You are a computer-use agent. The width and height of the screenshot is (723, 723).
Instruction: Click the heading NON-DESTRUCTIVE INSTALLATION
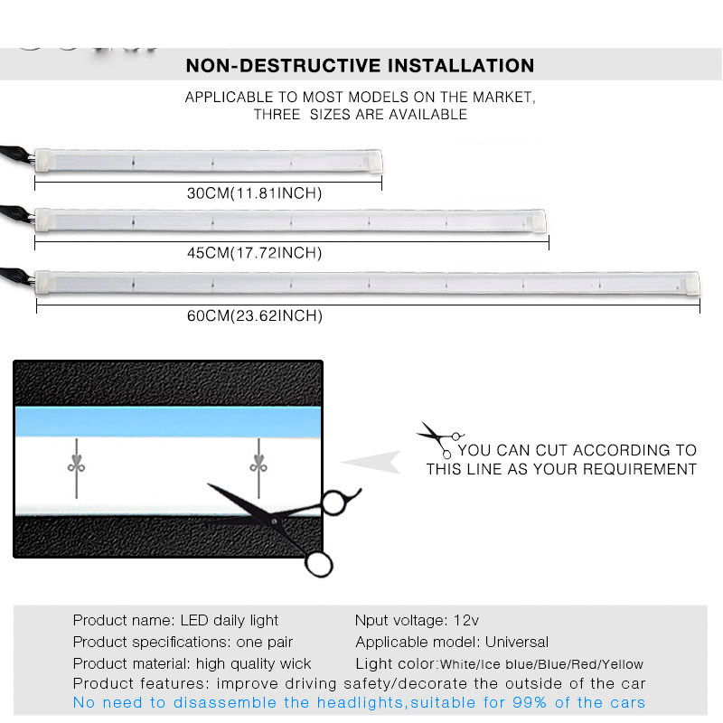click(360, 66)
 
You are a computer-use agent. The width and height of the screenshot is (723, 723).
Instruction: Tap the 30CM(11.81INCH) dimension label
click(254, 192)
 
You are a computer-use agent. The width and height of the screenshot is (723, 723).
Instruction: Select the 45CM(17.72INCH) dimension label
click(254, 252)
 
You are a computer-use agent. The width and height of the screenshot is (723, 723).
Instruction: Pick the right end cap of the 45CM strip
click(540, 219)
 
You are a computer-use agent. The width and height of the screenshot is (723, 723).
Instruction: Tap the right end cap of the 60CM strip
click(691, 283)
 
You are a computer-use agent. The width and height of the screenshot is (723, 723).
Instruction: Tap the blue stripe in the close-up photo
click(167, 418)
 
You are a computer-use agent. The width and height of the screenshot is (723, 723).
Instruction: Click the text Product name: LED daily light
click(175, 620)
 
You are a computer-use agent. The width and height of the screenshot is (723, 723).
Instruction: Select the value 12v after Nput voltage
click(465, 620)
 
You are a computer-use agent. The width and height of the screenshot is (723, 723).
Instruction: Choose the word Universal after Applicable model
click(517, 643)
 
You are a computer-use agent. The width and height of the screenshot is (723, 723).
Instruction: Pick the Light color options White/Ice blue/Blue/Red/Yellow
click(541, 664)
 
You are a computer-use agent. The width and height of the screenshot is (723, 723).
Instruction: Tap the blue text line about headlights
click(359, 703)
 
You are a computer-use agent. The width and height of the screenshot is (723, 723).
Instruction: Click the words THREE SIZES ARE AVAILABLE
click(361, 115)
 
